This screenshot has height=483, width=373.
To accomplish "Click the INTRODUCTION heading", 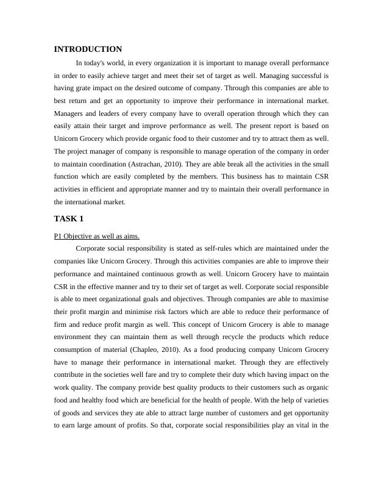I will tap(88, 49).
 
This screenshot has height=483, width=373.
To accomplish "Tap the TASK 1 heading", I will tap(69, 219).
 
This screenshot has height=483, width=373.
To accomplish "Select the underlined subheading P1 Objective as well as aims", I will tap(96, 236).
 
